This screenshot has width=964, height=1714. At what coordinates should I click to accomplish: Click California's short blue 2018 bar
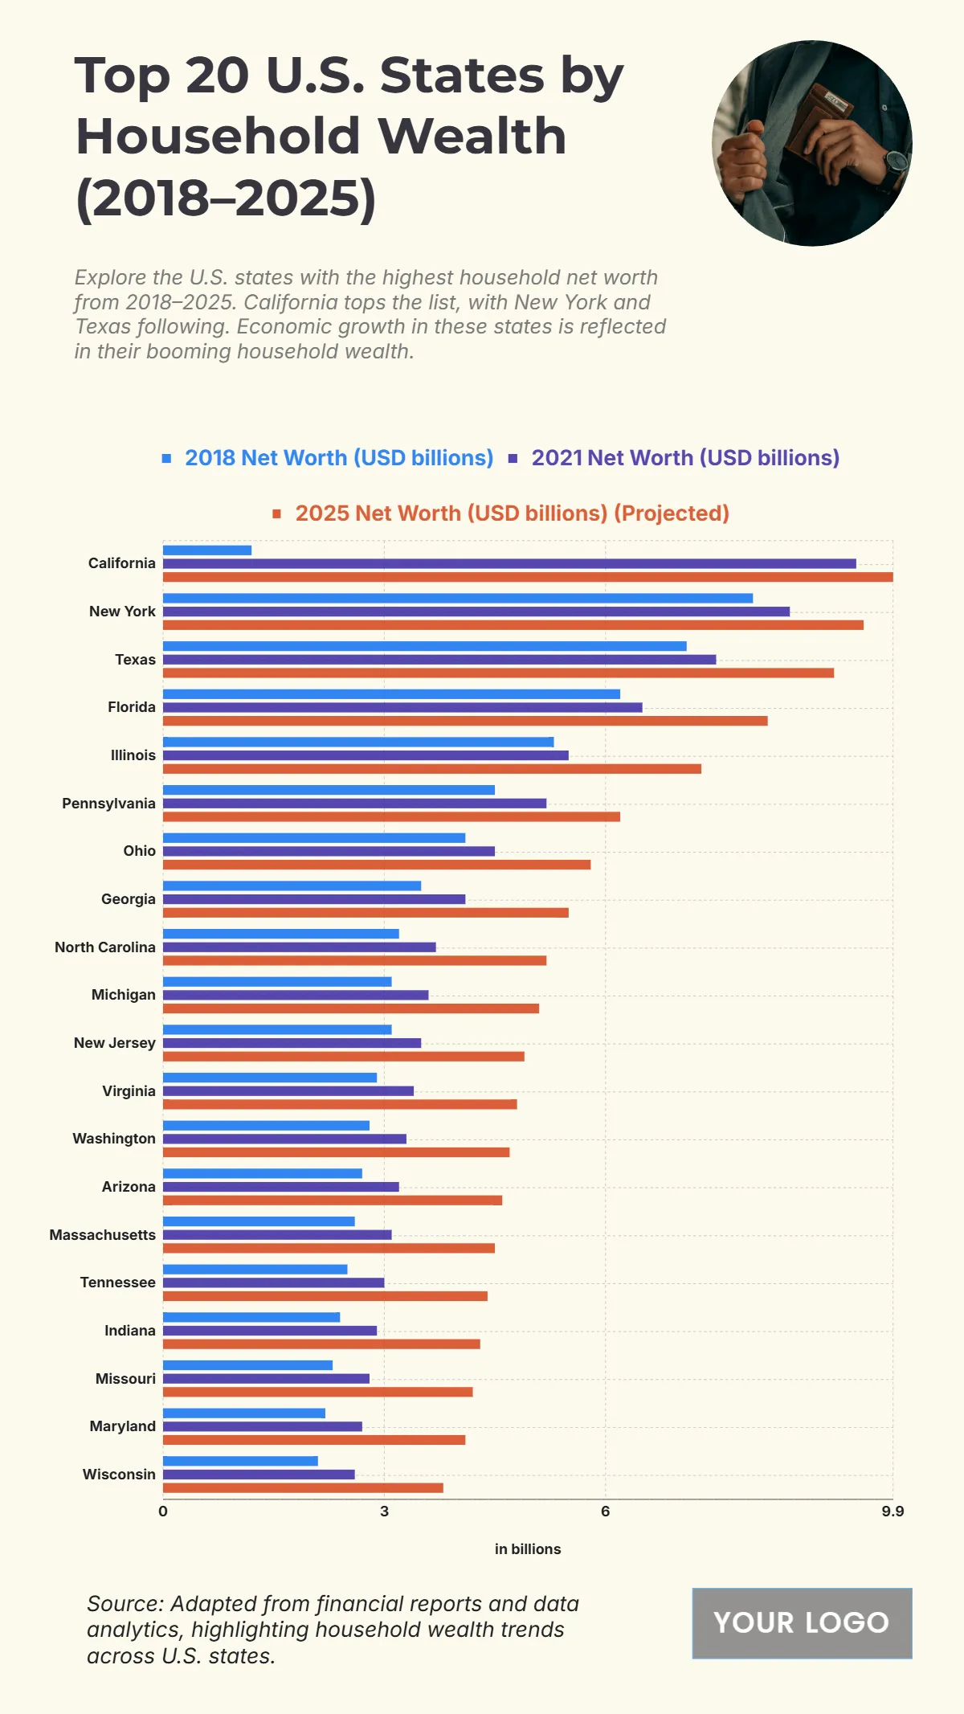click(x=207, y=550)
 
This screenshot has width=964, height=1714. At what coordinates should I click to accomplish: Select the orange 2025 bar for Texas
click(x=498, y=673)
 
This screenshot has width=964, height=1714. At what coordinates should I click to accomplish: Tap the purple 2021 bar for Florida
click(x=402, y=707)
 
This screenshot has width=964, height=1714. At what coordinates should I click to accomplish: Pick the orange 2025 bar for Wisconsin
click(x=303, y=1487)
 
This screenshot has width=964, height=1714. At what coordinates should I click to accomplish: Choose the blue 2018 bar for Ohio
click(x=314, y=838)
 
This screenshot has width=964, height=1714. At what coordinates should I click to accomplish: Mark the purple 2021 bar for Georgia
click(x=314, y=899)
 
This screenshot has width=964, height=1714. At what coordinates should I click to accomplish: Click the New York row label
click(x=122, y=612)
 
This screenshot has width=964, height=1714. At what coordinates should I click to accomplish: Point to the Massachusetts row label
click(x=102, y=1234)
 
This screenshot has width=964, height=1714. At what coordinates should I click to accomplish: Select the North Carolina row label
click(x=104, y=947)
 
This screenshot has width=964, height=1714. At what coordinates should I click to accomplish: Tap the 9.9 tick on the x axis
click(x=893, y=1512)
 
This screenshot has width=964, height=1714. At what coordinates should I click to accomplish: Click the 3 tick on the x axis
click(x=384, y=1512)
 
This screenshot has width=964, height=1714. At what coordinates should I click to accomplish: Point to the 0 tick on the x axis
click(x=163, y=1512)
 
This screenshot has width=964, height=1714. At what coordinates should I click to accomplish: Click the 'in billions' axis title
click(x=528, y=1549)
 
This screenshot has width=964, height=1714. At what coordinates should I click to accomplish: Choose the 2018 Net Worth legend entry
click(x=338, y=458)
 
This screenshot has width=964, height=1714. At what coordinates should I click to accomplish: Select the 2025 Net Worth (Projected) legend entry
click(x=512, y=513)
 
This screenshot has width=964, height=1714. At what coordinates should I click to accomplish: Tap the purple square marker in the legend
click(x=513, y=458)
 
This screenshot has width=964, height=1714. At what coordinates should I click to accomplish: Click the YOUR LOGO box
click(x=802, y=1623)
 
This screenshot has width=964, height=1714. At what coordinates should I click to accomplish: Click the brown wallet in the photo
click(x=819, y=121)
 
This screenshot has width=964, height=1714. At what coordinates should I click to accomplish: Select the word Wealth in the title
click(x=472, y=136)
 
